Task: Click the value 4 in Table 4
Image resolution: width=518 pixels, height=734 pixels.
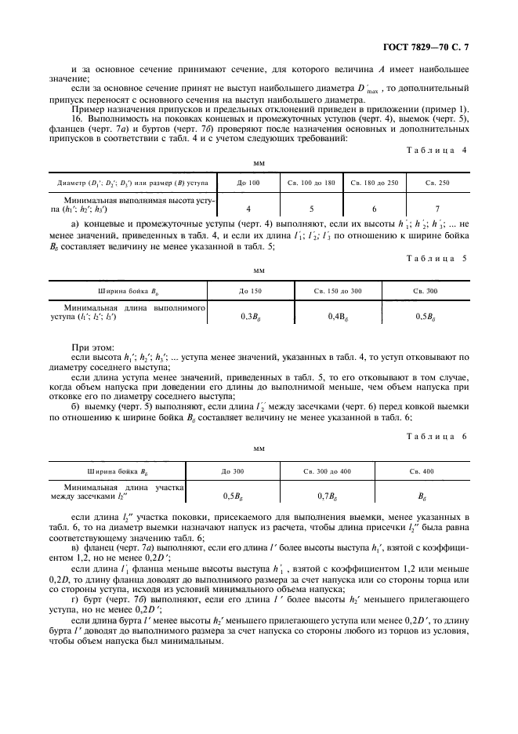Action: point(248,209)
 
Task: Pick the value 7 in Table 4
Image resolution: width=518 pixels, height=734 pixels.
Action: point(437,209)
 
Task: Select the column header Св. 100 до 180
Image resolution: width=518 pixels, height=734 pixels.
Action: point(310,182)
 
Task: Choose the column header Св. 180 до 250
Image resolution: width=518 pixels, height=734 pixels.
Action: point(374,182)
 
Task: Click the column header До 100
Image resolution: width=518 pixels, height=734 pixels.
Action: point(248,182)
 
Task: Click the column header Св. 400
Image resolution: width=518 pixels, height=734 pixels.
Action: point(422,471)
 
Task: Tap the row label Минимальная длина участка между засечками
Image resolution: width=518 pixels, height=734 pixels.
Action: point(116,492)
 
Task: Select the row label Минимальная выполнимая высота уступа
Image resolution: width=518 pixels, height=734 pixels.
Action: point(129,205)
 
